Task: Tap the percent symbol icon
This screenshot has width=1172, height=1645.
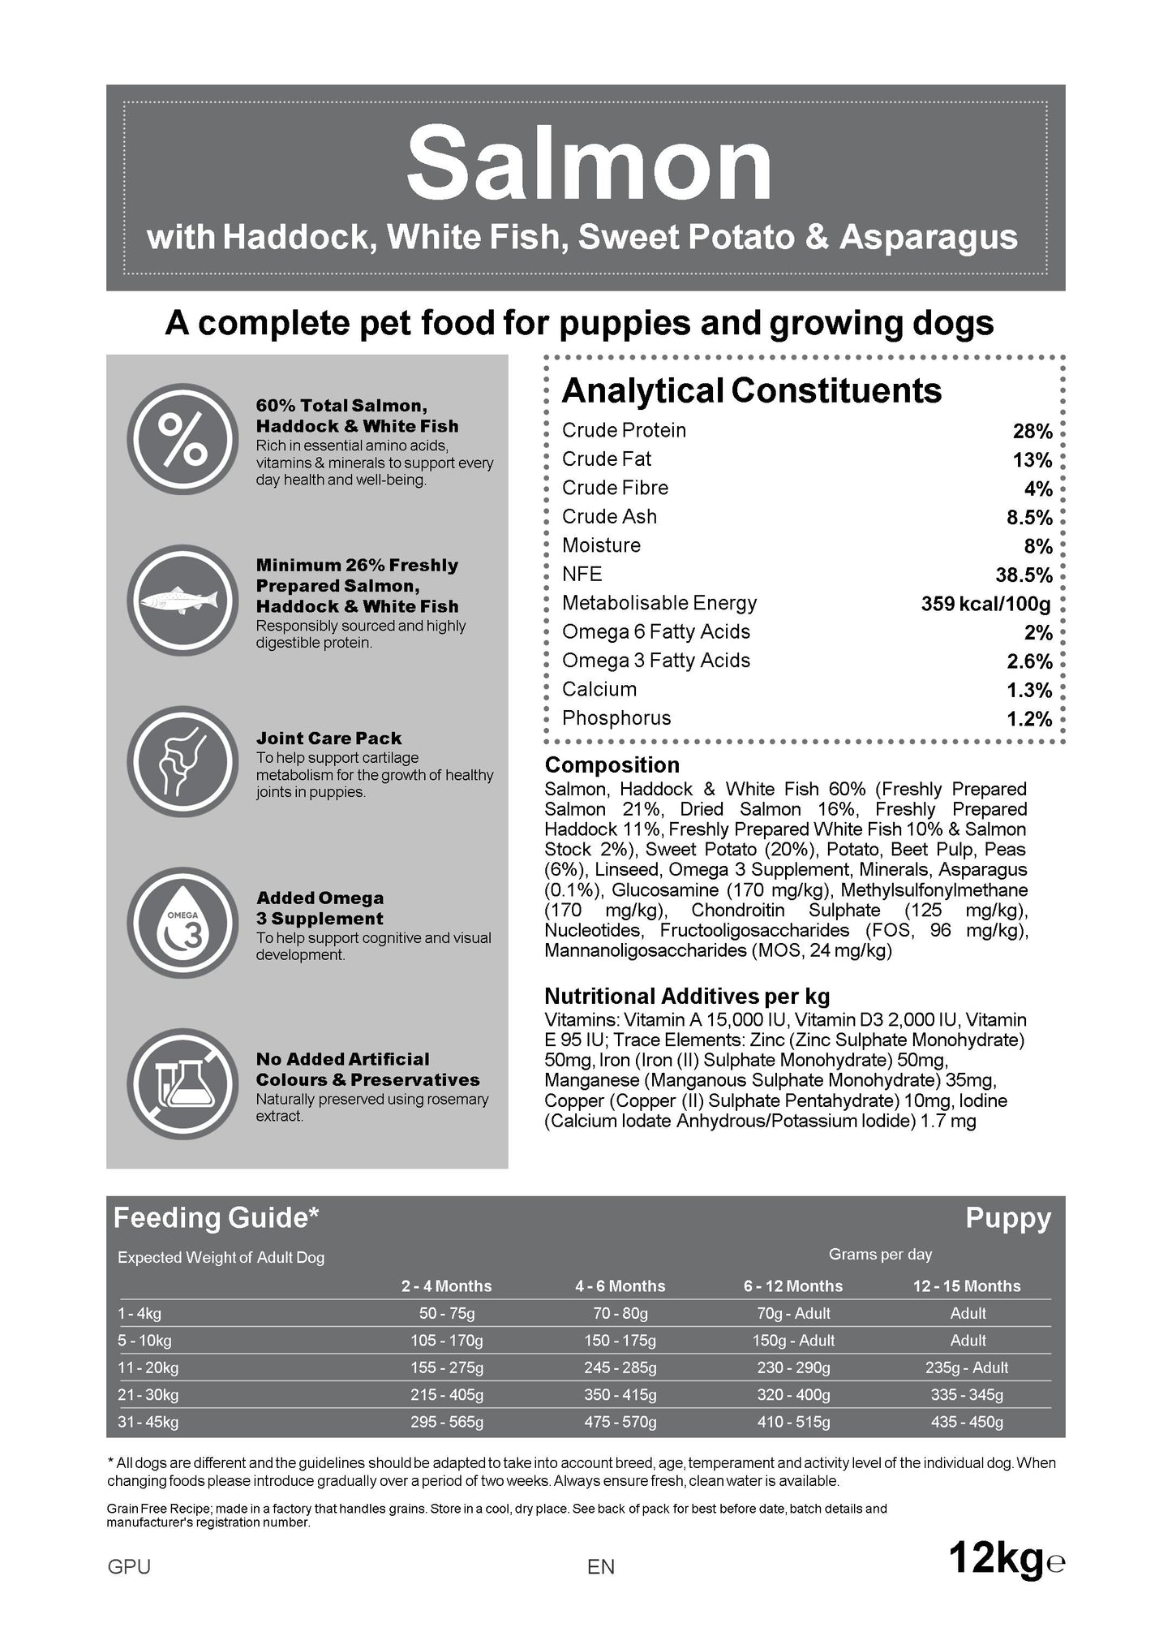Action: coord(183,439)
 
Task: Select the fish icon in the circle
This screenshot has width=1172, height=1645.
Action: coord(183,601)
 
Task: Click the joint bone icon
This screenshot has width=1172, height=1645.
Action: coord(183,761)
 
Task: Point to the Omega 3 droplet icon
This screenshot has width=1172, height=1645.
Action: coord(183,923)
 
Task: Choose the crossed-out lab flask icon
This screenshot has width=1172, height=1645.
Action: coord(183,1083)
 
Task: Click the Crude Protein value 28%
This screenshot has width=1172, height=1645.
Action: coord(1032,432)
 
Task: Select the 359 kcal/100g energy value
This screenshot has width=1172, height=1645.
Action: coord(985,604)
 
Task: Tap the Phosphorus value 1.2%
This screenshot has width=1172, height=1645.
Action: coord(1029,719)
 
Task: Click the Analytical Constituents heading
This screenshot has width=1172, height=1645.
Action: coord(751,391)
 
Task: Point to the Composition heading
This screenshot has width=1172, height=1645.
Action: coord(612,765)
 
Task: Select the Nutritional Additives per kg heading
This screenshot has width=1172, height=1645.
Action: coord(687,997)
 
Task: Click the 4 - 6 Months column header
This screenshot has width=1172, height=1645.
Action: coord(620,1286)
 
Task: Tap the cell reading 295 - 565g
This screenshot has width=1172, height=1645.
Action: coord(446,1422)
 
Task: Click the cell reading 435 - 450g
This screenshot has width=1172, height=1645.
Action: coord(967,1422)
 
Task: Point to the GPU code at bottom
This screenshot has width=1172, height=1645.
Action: coord(129,1567)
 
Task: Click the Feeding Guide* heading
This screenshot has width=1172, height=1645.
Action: coord(216,1218)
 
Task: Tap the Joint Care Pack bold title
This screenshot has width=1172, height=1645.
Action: coord(328,739)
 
